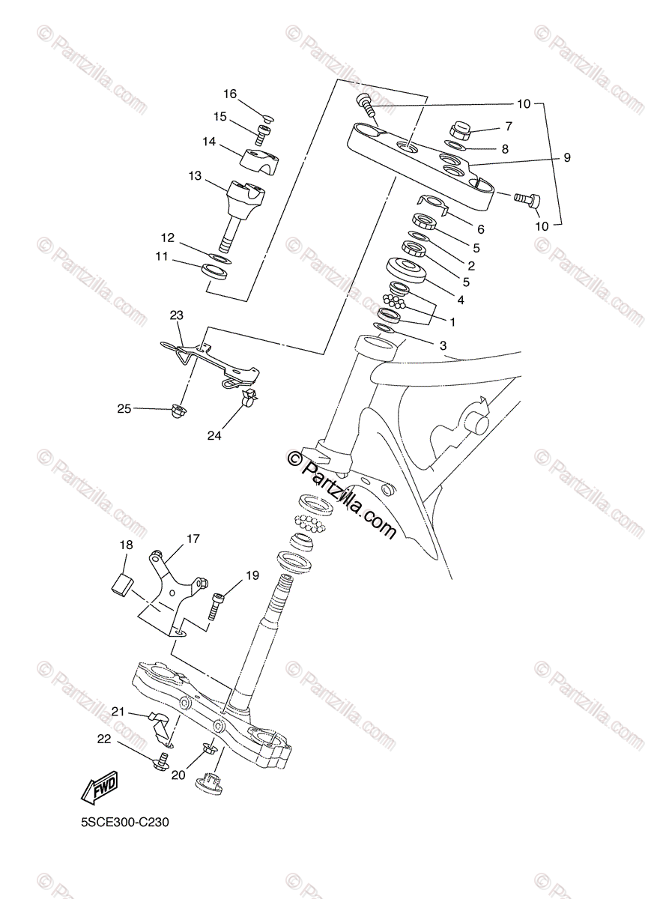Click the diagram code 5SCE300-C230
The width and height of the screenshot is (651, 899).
click(x=126, y=822)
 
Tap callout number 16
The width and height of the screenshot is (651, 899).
click(x=229, y=94)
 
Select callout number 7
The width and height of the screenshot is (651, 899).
click(x=509, y=126)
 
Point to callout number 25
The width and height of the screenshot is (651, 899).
click(x=124, y=408)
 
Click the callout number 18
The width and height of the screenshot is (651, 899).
click(x=127, y=545)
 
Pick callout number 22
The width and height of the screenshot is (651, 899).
click(x=103, y=738)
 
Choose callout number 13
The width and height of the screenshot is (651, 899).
click(x=195, y=176)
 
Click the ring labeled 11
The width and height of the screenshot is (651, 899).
click(x=217, y=271)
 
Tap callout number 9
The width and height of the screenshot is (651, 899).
click(x=567, y=157)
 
